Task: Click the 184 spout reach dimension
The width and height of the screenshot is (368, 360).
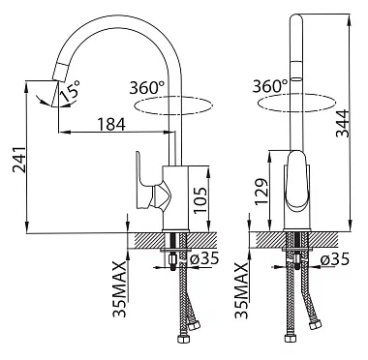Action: click(111, 124)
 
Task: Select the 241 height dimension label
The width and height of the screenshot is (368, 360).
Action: click(19, 160)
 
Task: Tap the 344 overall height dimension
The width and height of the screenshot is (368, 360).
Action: click(343, 124)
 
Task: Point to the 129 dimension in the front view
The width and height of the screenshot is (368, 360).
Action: click(261, 192)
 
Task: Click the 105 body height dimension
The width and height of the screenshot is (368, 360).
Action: click(200, 199)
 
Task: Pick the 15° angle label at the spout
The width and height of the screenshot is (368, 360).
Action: click(71, 90)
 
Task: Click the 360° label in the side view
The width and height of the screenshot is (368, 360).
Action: click(147, 87)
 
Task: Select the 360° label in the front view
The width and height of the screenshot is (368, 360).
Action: click(270, 86)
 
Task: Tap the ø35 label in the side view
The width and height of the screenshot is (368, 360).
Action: click(204, 258)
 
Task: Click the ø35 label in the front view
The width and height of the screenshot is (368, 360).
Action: click(335, 258)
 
